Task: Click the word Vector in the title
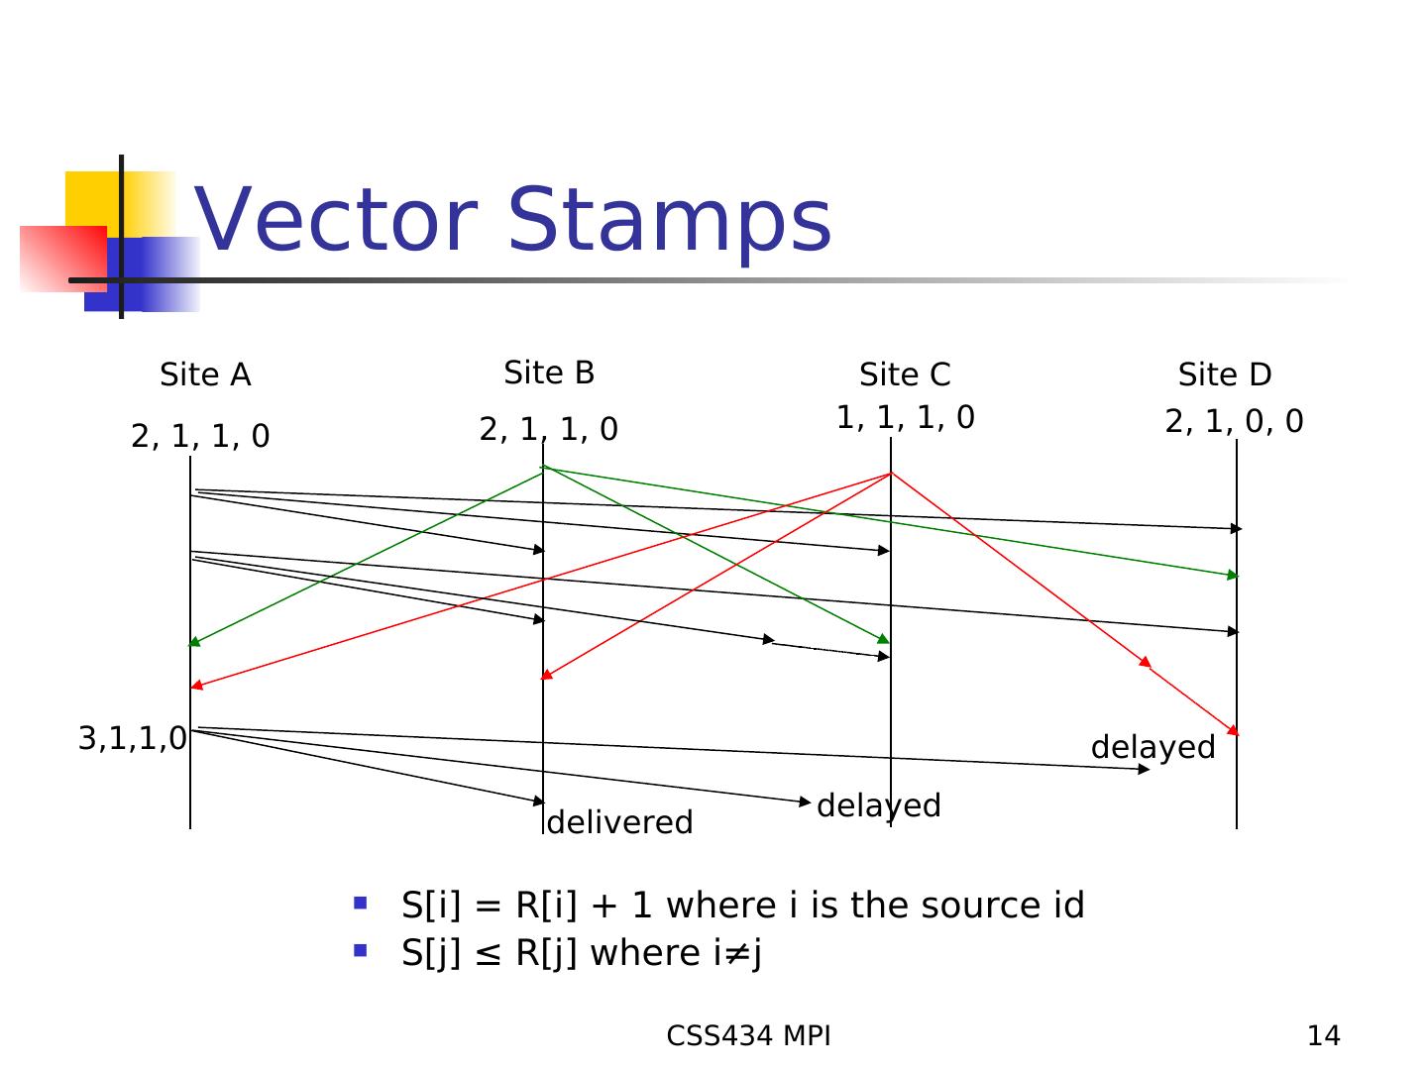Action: point(336,219)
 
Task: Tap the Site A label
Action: point(205,374)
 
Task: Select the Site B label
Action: point(549,373)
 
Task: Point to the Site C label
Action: point(905,374)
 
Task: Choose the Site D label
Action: point(1225,374)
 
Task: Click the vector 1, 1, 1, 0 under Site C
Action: point(906,417)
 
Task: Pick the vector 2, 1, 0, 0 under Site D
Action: point(1234,421)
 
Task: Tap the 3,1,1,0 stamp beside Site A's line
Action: point(133,738)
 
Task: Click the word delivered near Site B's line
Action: point(619,822)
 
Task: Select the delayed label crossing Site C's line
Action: point(878,806)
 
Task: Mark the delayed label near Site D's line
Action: point(1153,748)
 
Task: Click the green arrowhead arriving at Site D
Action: point(1232,575)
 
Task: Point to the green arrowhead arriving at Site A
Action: point(194,643)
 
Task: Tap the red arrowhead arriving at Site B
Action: point(547,675)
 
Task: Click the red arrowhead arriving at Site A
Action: point(197,685)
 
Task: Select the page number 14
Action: point(1324,1035)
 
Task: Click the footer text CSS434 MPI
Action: point(748,1035)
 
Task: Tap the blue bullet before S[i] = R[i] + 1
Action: point(360,903)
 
